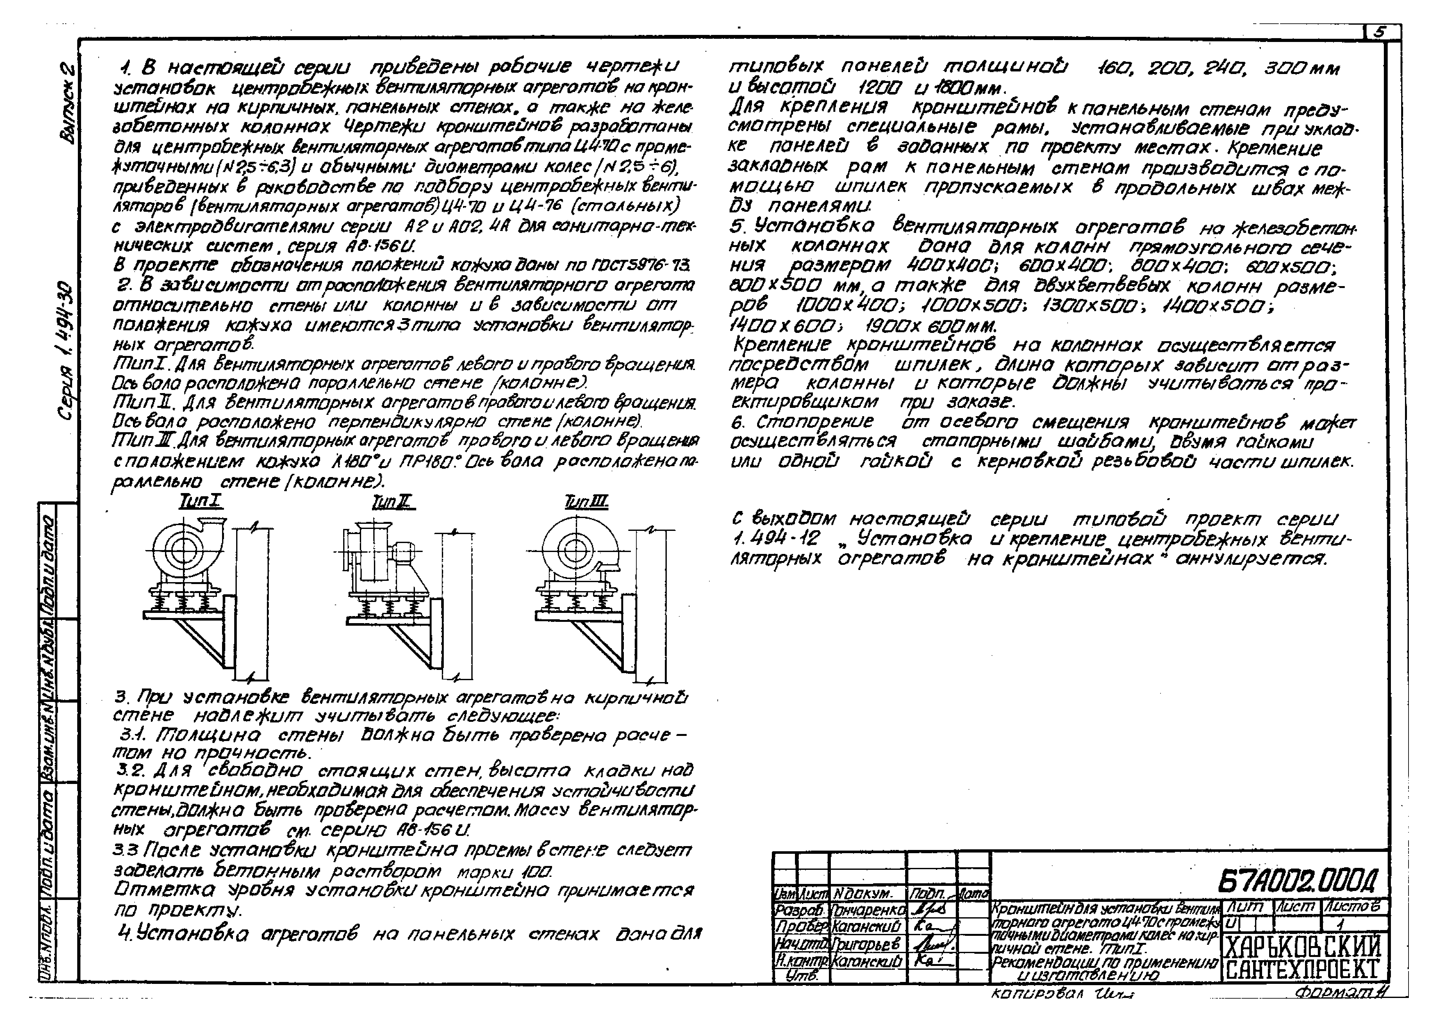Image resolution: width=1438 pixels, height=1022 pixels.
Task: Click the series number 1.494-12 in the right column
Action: pos(775,539)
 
